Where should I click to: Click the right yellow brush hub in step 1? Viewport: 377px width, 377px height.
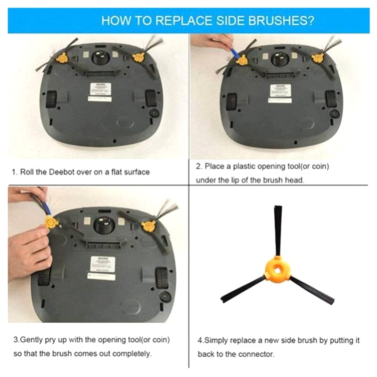(138, 57)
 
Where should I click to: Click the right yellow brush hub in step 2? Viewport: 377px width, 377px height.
(317, 58)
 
